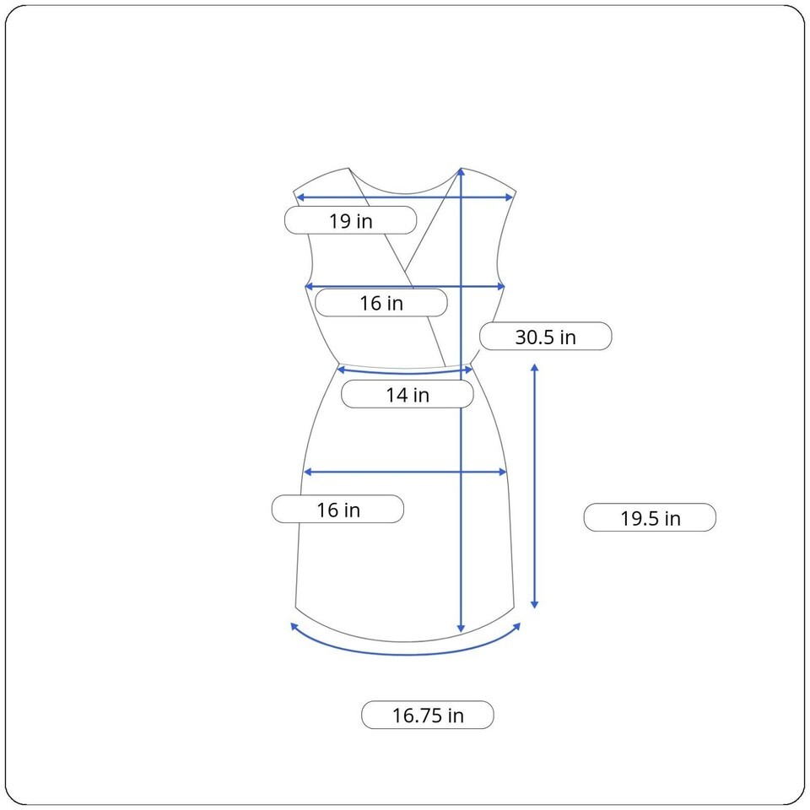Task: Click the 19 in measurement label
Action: tap(351, 220)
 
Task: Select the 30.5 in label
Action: tap(546, 337)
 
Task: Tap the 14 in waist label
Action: tap(408, 395)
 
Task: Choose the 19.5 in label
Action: tap(650, 517)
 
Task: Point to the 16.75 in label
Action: tap(428, 715)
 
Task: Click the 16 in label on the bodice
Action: tap(381, 303)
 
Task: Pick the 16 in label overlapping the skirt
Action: tap(337, 510)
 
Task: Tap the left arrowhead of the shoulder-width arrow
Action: tap(300, 197)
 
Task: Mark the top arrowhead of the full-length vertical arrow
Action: tap(461, 172)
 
